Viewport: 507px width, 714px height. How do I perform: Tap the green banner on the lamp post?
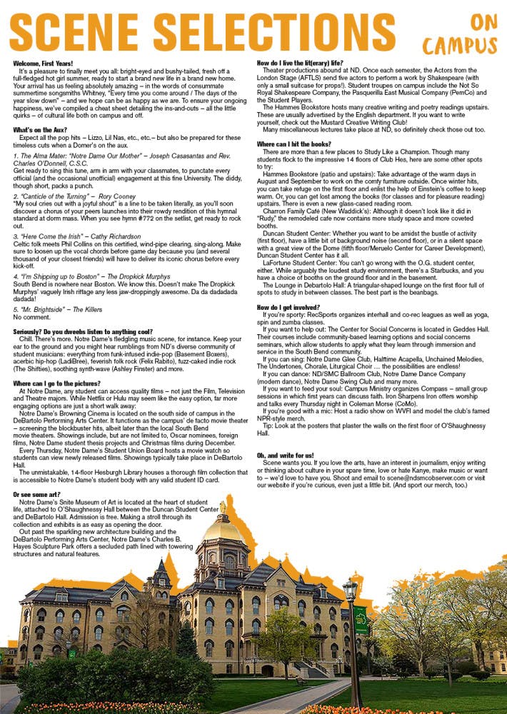click(361, 620)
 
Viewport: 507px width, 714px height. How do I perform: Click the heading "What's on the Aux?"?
click(44, 129)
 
